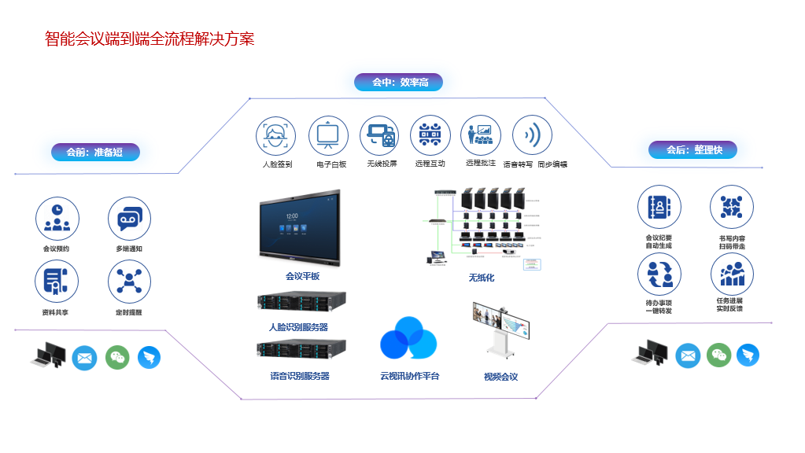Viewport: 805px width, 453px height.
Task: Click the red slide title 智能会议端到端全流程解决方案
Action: (150, 39)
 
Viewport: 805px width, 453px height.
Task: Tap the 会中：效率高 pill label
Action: (397, 83)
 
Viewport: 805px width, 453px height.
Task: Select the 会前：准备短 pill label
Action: (95, 152)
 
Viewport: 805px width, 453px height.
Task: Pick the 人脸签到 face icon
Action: (276, 136)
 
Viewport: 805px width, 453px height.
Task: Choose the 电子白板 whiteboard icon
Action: (328, 136)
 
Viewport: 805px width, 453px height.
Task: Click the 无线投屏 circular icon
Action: (379, 136)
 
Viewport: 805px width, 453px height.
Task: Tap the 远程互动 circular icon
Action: (430, 136)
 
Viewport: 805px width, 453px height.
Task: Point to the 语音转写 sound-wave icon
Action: (532, 136)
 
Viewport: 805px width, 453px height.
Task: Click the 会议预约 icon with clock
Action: (57, 218)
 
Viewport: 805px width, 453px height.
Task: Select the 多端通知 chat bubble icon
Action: (129, 218)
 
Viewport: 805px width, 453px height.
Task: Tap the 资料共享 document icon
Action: (57, 281)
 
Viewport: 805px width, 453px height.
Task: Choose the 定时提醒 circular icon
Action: (129, 281)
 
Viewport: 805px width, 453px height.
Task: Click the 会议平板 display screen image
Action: (300, 227)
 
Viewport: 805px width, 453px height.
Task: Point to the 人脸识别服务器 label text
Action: (298, 327)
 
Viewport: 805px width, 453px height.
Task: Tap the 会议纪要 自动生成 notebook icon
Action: (659, 207)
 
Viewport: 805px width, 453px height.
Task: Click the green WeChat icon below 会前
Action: (118, 358)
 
